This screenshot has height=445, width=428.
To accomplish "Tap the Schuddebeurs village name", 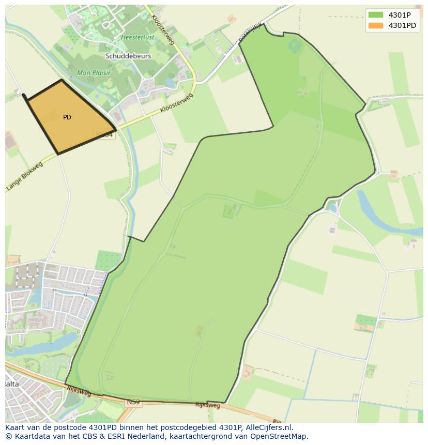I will (x=128, y=56).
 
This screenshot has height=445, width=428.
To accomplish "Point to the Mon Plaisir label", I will (x=94, y=73).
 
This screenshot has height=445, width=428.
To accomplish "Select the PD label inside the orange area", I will (x=67, y=117).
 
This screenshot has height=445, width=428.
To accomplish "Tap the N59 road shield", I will (x=133, y=401).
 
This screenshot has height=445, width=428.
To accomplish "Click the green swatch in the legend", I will (x=376, y=15).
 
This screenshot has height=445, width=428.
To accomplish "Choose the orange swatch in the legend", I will (x=376, y=25).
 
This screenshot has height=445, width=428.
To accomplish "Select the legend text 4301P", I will (x=400, y=15).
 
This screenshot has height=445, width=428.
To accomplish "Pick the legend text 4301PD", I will (x=402, y=25).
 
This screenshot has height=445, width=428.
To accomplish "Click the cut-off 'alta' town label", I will (x=12, y=384).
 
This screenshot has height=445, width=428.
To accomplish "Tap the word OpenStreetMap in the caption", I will (x=280, y=436).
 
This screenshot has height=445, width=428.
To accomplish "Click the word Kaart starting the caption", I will (x=16, y=427).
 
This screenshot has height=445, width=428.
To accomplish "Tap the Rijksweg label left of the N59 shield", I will (x=79, y=391).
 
